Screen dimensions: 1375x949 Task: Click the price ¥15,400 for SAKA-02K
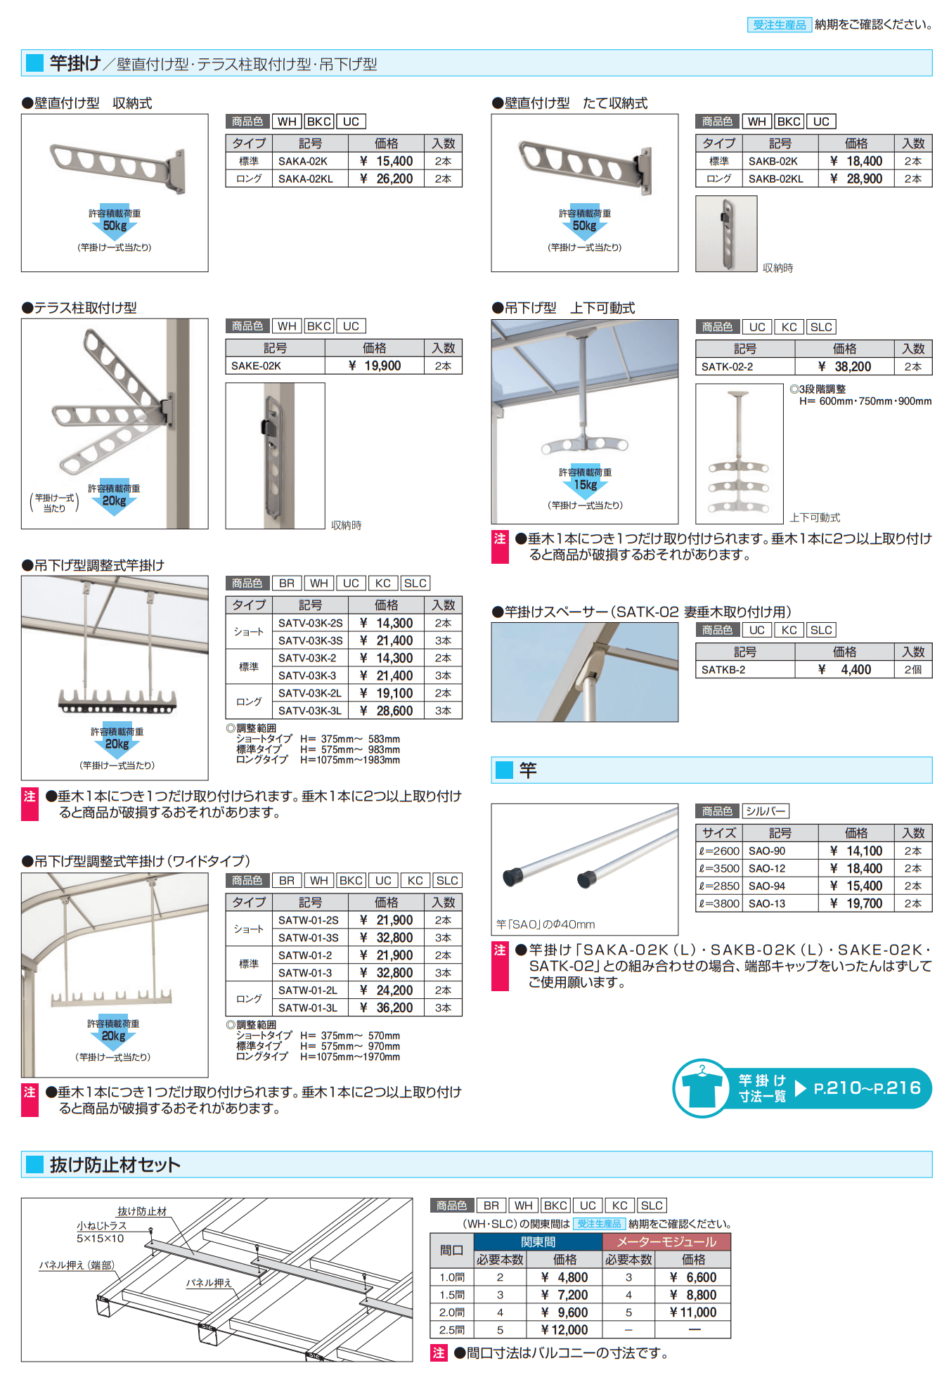(x=387, y=161)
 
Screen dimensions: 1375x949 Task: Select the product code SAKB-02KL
(x=775, y=179)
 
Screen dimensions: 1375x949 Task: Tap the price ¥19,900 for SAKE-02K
(x=375, y=366)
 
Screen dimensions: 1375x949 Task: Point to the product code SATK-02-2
(x=727, y=366)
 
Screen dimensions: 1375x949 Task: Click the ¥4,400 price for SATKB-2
(x=845, y=669)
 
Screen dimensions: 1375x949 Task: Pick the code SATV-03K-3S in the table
(x=310, y=640)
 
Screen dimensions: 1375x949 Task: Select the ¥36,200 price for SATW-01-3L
(x=387, y=1007)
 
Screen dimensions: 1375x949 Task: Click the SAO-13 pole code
(x=767, y=903)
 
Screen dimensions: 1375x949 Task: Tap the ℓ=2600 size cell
(x=718, y=851)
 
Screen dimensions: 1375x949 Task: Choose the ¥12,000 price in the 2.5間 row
(x=564, y=1329)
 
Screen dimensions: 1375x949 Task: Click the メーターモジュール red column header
(x=666, y=1241)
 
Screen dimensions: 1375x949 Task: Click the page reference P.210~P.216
(x=867, y=1087)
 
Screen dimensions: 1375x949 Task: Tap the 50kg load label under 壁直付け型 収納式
(x=115, y=226)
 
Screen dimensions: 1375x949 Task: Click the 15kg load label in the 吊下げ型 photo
(x=585, y=484)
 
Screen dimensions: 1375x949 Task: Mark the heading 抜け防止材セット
(x=115, y=1164)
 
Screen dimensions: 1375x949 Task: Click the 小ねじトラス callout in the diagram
(x=102, y=1225)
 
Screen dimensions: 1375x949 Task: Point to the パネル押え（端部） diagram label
(x=77, y=1265)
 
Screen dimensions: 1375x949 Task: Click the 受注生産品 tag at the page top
(x=779, y=25)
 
